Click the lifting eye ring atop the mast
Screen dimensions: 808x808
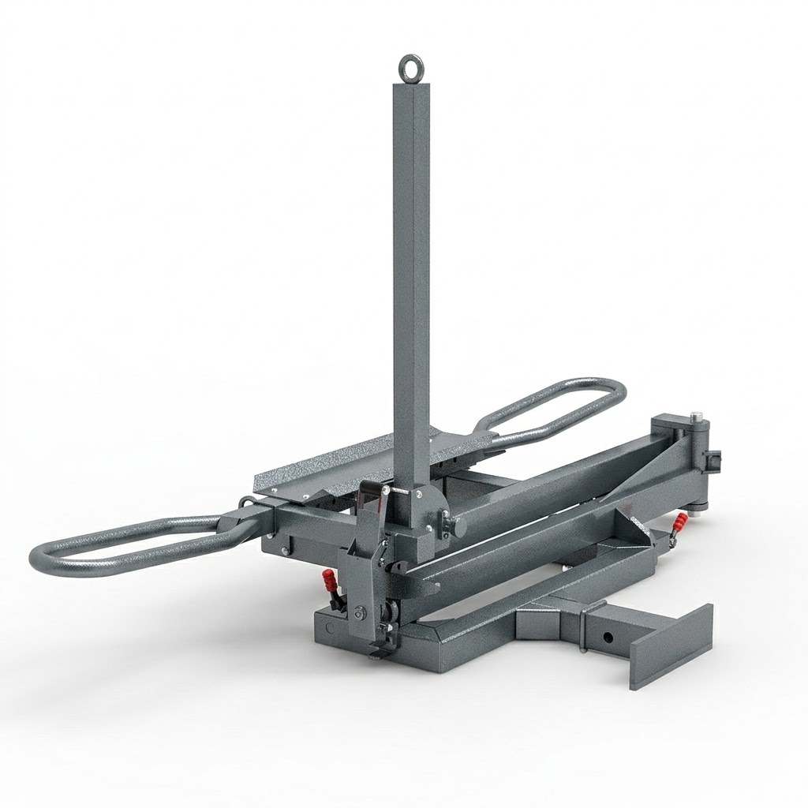coord(411,68)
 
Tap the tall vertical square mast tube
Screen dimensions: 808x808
coord(411,276)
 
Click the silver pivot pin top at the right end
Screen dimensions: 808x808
coord(696,416)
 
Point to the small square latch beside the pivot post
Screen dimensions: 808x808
coord(715,458)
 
